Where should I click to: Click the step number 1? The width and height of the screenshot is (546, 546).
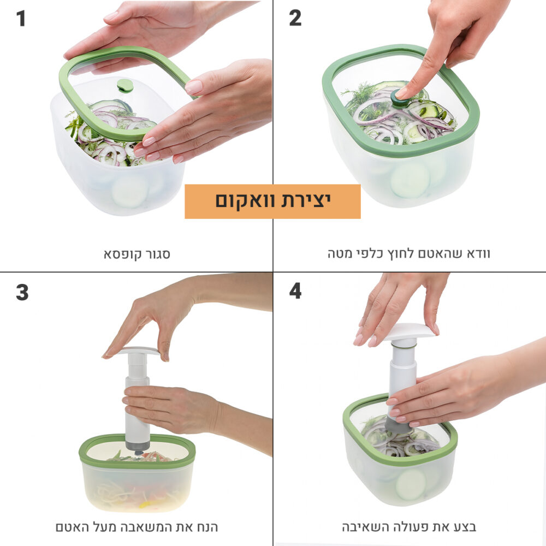point(21,19)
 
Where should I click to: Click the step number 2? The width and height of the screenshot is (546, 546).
point(295,18)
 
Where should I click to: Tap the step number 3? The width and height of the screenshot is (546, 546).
point(22,292)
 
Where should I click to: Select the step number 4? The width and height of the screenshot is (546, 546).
point(295,291)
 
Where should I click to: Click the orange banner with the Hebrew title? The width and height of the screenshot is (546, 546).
point(272,201)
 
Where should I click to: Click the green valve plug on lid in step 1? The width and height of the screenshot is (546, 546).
point(125,85)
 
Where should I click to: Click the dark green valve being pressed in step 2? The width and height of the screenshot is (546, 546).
point(397,98)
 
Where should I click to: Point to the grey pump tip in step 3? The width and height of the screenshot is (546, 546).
point(138,447)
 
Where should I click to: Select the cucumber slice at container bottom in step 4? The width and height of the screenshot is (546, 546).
point(411,484)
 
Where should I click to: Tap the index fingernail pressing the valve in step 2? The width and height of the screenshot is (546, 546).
point(401,93)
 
